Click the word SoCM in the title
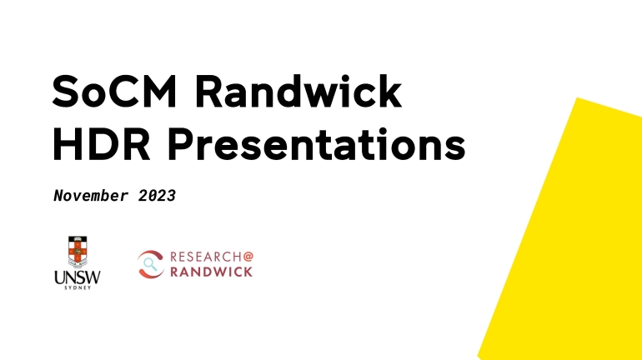coord(115,92)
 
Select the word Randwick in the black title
coord(298,91)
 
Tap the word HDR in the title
coord(101,144)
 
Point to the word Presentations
coord(317,144)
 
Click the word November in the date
coord(91,196)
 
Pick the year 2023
coord(157,196)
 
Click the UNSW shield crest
coord(78,252)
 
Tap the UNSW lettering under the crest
coord(78,277)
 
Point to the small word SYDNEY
coord(78,287)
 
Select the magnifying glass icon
coord(150,264)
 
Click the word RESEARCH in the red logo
coord(206,257)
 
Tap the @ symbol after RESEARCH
coord(248,257)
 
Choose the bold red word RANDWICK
coord(211,272)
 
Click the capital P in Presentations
coord(181,144)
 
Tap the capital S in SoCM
coord(65,92)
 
